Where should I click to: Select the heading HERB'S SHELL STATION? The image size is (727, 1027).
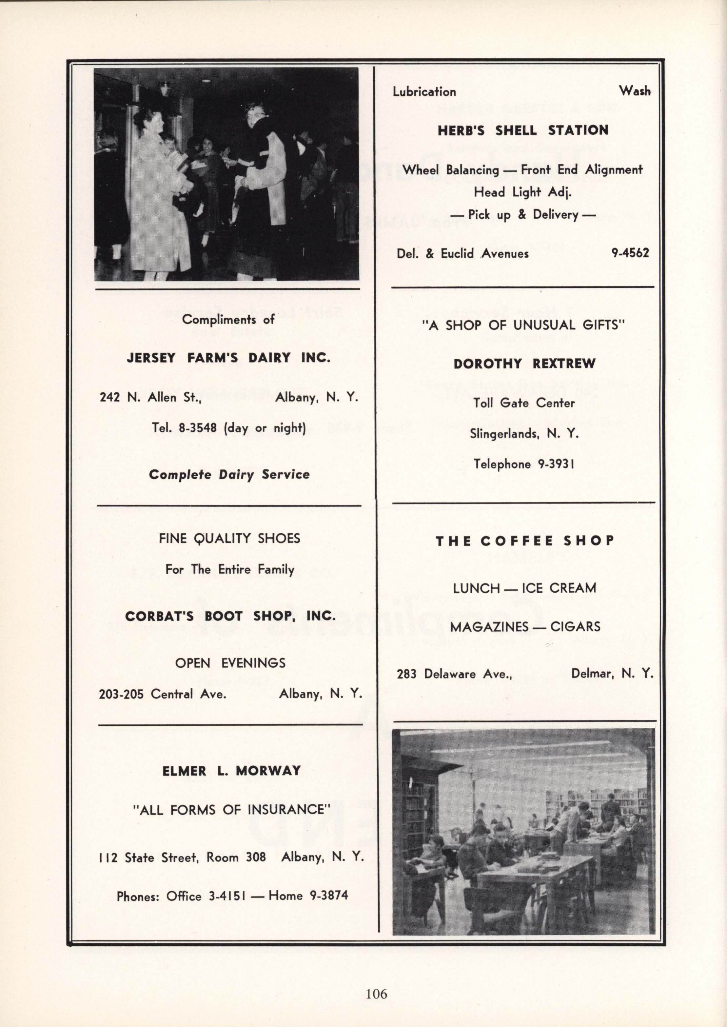pyautogui.click(x=523, y=130)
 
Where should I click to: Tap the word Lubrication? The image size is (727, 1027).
pyautogui.click(x=424, y=92)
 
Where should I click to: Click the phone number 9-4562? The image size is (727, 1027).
pyautogui.click(x=630, y=253)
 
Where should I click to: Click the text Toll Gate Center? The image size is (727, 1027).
pyautogui.click(x=524, y=403)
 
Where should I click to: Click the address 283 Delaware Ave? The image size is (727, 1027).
pyautogui.click(x=454, y=673)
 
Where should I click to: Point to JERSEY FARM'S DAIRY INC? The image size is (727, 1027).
pyautogui.click(x=228, y=358)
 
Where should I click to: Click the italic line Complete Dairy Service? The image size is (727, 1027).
pyautogui.click(x=229, y=475)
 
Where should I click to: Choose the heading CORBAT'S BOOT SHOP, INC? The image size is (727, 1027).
pyautogui.click(x=230, y=616)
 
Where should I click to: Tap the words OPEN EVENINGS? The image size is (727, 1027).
pyautogui.click(x=230, y=662)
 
